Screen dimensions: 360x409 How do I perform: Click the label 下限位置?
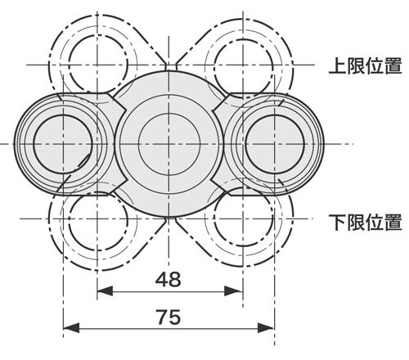click(x=364, y=221)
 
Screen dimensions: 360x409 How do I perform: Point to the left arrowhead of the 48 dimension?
click(x=104, y=290)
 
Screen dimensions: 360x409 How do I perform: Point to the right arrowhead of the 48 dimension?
click(x=236, y=290)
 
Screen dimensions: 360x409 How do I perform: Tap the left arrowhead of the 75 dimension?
click(x=70, y=328)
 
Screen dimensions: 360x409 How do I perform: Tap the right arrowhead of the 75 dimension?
click(x=269, y=328)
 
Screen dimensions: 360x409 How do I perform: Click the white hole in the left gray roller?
click(x=61, y=143)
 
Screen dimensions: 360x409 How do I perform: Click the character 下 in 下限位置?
click(x=337, y=221)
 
